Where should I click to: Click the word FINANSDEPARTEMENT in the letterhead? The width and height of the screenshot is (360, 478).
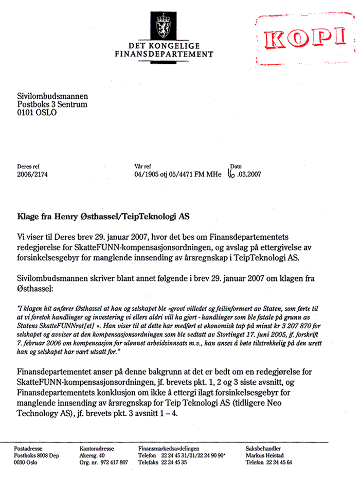(164, 54)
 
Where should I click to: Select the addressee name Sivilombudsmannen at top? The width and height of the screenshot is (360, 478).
(52, 96)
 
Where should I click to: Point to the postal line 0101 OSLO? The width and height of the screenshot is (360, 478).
(37, 113)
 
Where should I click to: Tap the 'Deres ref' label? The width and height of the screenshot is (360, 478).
(28, 167)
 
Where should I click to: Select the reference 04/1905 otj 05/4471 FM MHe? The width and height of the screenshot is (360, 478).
(177, 174)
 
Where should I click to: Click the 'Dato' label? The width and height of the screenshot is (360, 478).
(236, 167)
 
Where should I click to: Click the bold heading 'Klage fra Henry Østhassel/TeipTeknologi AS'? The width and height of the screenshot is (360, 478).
(103, 217)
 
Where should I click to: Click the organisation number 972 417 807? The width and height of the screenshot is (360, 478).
(113, 463)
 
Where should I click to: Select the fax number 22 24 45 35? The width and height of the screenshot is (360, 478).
(173, 463)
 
